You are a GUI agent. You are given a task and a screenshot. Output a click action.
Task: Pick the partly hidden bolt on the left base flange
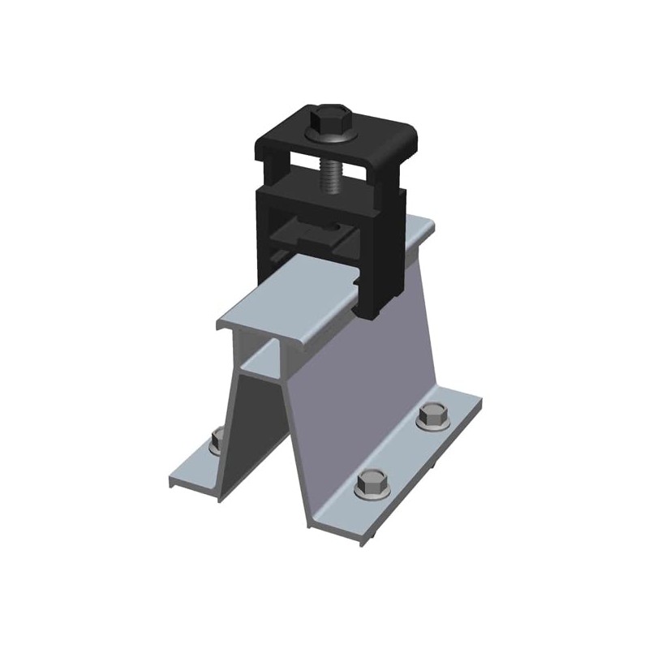pos(217,441)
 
